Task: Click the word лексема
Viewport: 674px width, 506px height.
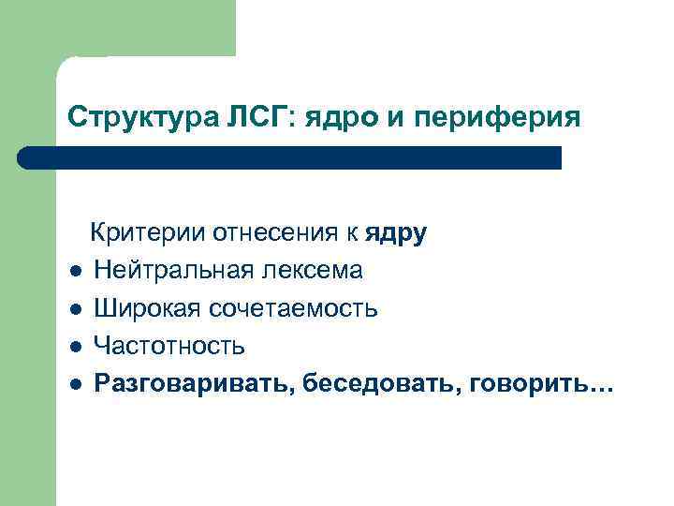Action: point(313,271)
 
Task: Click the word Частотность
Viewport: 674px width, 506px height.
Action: point(169,346)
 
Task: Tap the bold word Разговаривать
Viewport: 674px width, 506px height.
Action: point(195,384)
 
